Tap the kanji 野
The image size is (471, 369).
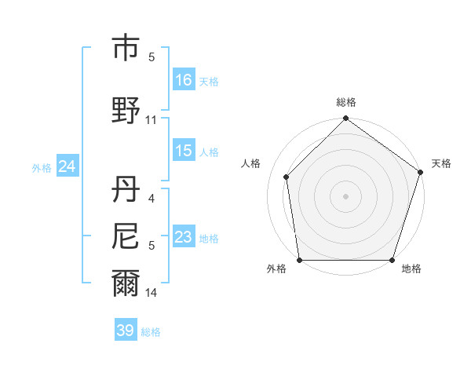126,111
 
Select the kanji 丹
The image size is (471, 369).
126,189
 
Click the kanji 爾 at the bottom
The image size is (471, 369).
126,283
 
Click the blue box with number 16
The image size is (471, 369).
184,80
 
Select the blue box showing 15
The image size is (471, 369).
184,152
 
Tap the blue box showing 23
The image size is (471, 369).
184,238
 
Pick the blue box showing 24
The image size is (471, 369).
67,166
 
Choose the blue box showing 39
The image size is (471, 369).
126,331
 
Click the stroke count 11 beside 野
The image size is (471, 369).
152,120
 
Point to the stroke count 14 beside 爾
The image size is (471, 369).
152,293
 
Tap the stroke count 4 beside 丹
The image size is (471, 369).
152,199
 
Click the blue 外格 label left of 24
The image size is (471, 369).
42,167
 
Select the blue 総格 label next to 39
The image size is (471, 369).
151,332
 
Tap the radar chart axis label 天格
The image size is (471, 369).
442,163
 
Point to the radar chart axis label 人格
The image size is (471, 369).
251,163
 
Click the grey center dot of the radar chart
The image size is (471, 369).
346,195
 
